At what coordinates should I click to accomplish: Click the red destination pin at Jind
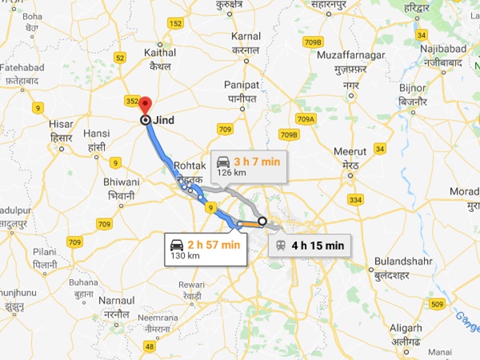click(x=145, y=105)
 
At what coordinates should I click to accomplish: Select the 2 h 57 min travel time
click(x=214, y=243)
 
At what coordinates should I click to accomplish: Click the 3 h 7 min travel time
click(x=258, y=162)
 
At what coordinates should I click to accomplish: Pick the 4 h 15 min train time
click(x=318, y=245)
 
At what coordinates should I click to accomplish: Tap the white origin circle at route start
click(x=262, y=221)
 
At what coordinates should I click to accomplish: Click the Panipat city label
click(x=244, y=85)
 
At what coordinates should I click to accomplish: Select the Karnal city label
click(x=246, y=37)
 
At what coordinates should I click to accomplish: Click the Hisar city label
click(x=61, y=126)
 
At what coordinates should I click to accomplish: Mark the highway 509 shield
click(x=436, y=303)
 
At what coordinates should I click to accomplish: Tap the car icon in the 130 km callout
click(x=177, y=244)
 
